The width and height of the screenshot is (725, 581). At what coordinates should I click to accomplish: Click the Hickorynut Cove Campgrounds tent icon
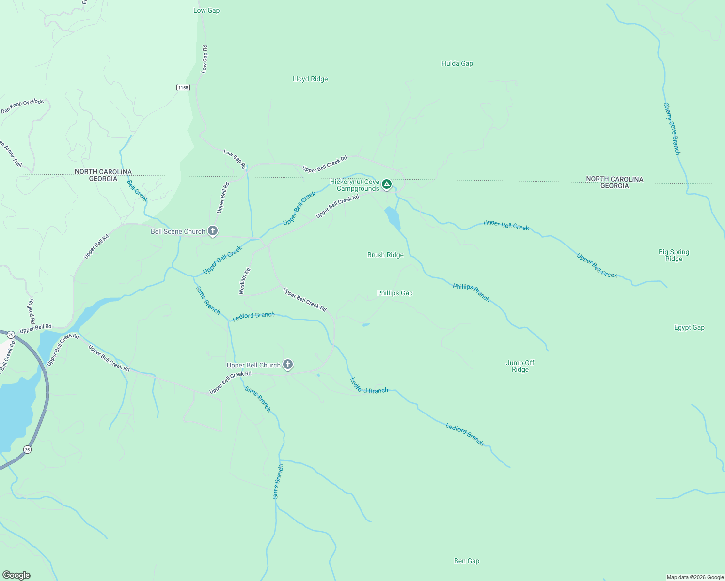pos(386,184)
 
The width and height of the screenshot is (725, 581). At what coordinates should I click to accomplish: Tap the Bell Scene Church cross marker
pos(212,231)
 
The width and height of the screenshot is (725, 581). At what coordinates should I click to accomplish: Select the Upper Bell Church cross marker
pos(287,364)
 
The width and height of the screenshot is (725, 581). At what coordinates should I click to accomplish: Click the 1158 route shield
pos(183,88)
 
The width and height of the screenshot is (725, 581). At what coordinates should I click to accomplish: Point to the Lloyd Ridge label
pos(310,79)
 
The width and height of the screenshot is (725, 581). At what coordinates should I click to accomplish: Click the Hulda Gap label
pos(457,64)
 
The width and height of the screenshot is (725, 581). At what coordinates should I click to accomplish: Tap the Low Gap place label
pos(206,11)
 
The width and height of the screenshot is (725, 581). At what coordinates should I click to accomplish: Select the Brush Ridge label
pos(385,255)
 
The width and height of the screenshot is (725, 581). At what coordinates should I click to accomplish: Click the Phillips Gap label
pos(394,293)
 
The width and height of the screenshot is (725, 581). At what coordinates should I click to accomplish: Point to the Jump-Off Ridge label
pos(520,367)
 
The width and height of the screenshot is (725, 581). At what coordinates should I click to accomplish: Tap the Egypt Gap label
pos(689,328)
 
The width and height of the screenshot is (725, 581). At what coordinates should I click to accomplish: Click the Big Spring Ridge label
pos(674,256)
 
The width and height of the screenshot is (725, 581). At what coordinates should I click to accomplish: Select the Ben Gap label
pos(467,561)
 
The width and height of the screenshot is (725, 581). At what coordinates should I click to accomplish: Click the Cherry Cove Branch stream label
pos(672,129)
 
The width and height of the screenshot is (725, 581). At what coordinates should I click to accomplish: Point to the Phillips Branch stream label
pos(471,292)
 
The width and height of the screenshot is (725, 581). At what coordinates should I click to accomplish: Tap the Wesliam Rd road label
pos(245,281)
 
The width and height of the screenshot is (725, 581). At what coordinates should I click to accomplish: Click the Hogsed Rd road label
pos(32,311)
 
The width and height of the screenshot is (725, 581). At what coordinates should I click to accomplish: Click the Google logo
pos(16,575)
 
